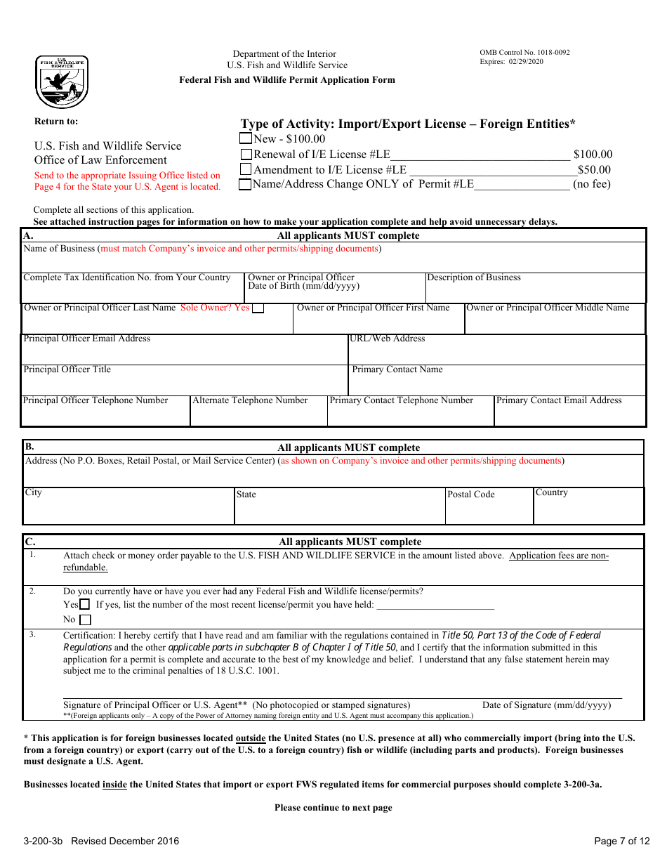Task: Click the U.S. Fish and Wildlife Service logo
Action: coord(62,82)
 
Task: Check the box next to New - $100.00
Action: coord(246,138)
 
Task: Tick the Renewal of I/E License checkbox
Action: coord(246,154)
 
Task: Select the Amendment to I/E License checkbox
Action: coord(246,169)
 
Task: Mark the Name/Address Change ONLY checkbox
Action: coord(245,185)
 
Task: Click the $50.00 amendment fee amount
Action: coord(594,169)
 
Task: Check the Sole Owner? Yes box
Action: coord(258,308)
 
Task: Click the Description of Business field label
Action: coord(474,277)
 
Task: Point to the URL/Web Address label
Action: coord(388,339)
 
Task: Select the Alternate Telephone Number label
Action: coord(250,400)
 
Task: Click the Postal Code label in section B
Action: coord(471,495)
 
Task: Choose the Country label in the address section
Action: coord(552,492)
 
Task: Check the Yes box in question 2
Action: coord(84,604)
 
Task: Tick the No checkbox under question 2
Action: coord(85,620)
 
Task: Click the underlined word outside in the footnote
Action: coord(251,738)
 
